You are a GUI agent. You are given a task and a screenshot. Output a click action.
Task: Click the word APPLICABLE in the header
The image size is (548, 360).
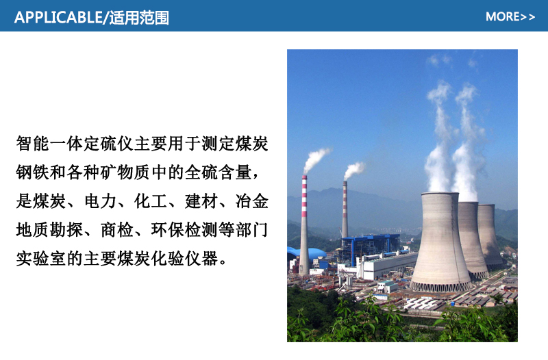point(58,18)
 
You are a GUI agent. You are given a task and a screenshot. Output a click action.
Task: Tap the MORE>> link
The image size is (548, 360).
point(510,16)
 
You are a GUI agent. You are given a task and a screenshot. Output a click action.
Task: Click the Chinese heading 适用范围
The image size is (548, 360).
point(139,18)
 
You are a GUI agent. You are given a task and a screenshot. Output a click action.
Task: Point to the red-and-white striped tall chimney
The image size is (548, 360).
point(304,225)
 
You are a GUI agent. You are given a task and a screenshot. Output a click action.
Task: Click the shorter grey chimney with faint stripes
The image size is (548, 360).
point(345,209)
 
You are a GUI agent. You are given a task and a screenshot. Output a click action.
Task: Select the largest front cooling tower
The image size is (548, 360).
point(440,242)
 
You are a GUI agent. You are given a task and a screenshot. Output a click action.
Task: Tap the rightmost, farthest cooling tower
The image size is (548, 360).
point(490,235)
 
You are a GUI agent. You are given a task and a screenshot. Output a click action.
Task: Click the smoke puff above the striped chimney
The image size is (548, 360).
point(316,159)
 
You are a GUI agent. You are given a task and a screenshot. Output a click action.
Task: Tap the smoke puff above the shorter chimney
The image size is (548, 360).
point(353,170)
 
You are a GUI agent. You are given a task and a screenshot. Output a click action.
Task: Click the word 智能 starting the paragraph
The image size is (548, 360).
point(32,144)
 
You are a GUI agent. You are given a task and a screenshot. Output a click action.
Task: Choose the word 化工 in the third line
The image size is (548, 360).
point(151,201)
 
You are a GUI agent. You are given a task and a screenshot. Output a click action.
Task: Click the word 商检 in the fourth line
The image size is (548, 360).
point(117,230)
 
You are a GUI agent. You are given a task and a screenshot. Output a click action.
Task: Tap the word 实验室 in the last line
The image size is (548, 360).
point(41,259)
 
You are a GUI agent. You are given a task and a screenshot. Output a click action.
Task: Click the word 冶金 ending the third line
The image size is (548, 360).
point(251,201)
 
